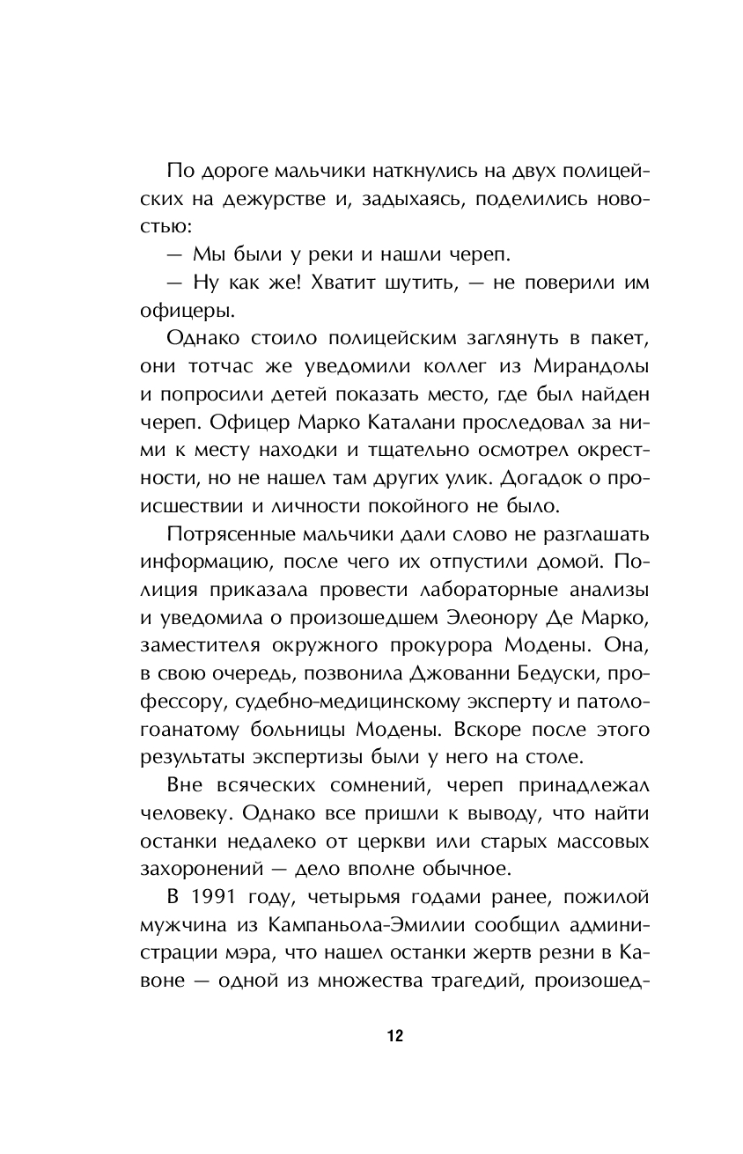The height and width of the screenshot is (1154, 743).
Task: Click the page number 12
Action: [x=394, y=1036]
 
